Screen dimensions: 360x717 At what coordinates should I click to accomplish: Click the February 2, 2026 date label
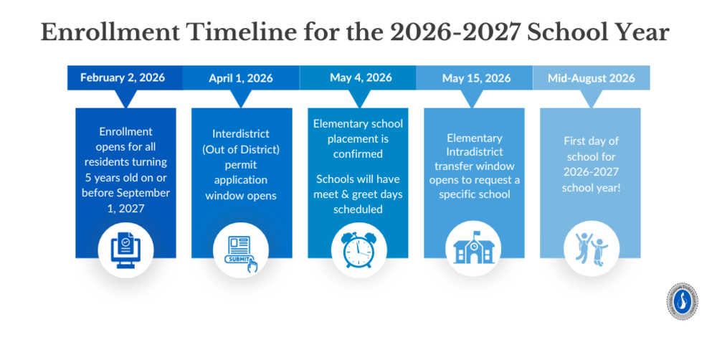tap(123, 77)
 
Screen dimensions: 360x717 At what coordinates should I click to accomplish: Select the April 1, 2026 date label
tap(241, 78)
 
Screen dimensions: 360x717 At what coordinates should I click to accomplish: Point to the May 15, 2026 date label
tap(474, 77)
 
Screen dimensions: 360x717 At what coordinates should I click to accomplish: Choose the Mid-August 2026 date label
tap(592, 77)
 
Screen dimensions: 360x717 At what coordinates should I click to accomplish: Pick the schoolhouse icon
tap(474, 249)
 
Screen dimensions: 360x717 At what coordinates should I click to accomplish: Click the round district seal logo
tap(681, 301)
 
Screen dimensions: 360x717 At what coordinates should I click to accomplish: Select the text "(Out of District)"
tap(241, 148)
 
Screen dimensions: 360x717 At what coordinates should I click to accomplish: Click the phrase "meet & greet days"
tap(358, 194)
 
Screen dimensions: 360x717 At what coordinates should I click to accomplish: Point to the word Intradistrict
tap(474, 152)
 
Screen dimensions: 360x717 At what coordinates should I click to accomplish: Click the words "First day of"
tap(592, 141)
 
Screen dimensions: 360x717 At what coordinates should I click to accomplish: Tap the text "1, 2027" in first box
tap(125, 208)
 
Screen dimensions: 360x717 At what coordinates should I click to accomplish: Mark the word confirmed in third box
tap(358, 153)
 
